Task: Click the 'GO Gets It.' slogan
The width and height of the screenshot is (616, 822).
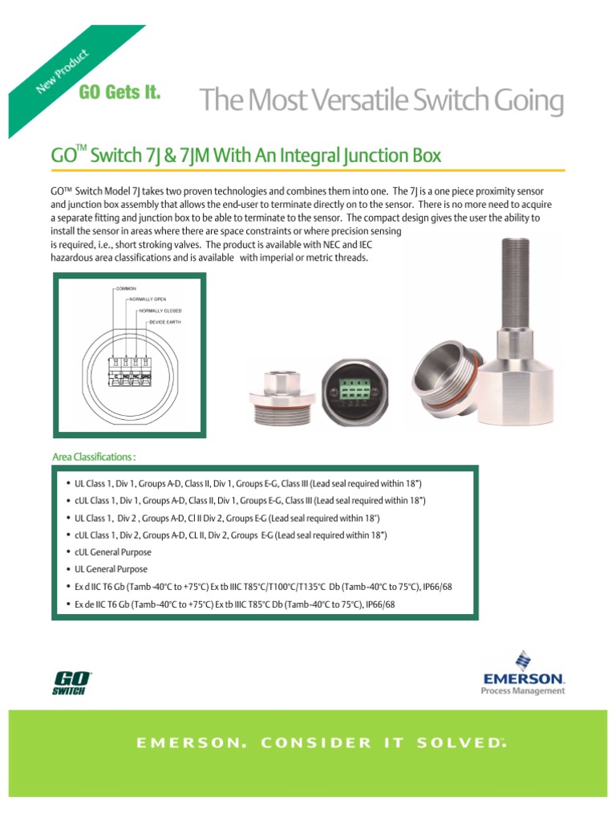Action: click(120, 92)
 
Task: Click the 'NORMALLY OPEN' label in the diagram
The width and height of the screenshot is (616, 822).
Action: click(149, 298)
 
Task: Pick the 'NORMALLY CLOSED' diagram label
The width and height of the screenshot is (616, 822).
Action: click(160, 310)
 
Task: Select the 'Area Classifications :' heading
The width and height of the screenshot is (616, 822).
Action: click(94, 457)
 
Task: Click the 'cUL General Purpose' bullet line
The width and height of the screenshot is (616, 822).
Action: click(112, 552)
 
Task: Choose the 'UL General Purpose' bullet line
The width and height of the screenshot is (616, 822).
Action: click(110, 569)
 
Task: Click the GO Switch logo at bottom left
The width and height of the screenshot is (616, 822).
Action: click(72, 683)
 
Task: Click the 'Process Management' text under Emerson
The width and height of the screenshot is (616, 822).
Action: click(523, 690)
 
